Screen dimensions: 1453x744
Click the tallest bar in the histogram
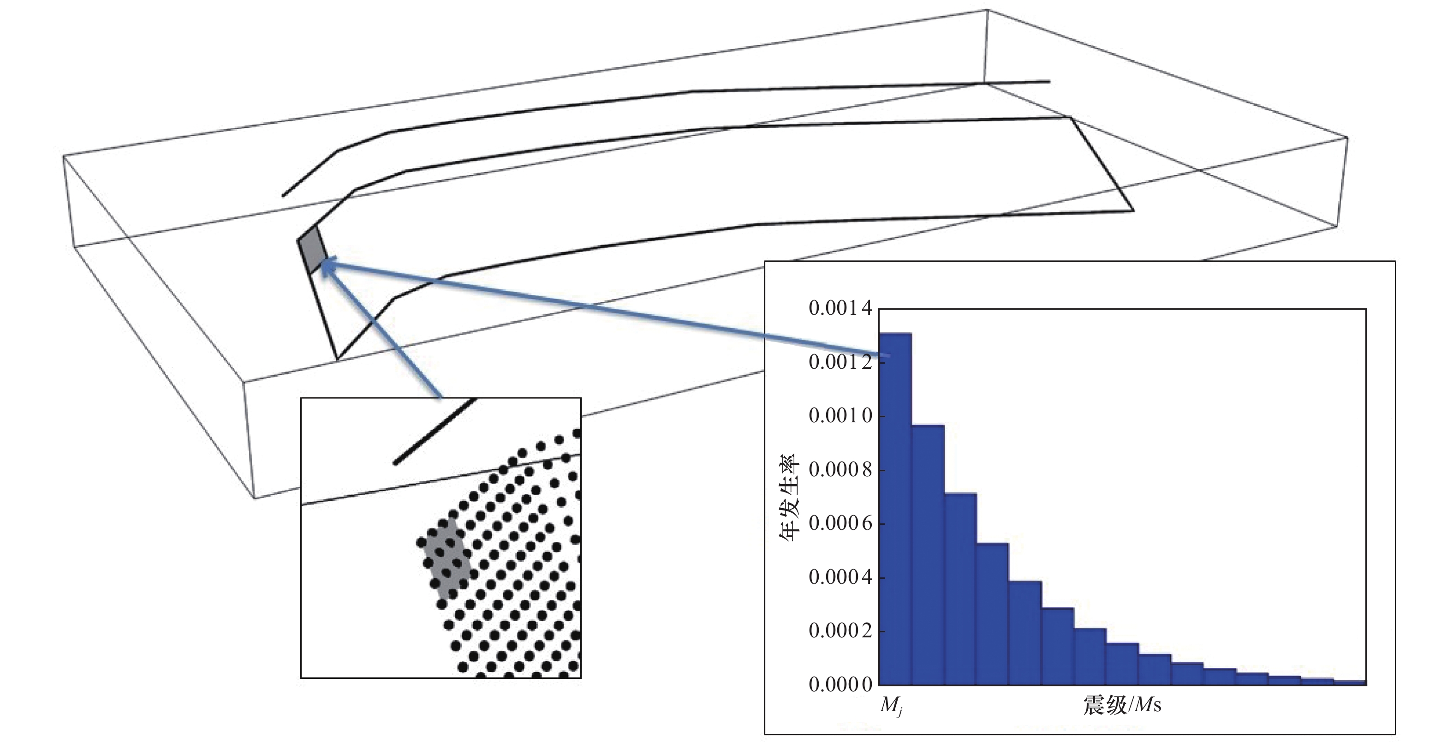[895, 509]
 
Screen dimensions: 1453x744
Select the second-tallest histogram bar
[928, 555]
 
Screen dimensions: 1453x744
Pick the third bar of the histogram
[960, 589]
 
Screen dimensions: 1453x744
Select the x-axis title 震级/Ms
[1122, 706]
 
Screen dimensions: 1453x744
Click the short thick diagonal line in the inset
[435, 431]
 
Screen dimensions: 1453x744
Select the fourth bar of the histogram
[993, 614]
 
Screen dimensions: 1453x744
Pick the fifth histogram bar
[1025, 633]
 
